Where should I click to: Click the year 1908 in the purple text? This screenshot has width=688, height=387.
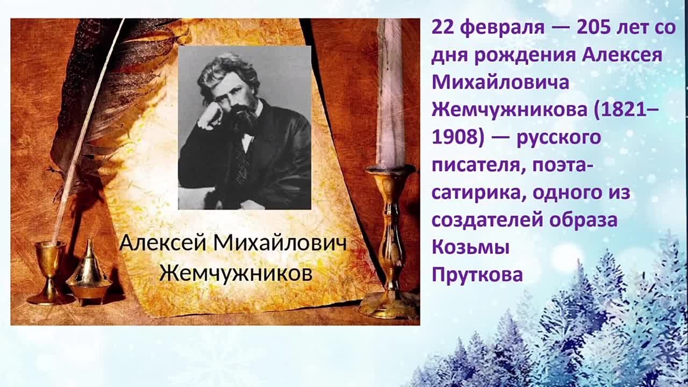454,137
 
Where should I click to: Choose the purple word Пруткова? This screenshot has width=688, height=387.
477,274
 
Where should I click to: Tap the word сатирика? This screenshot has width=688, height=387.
478,193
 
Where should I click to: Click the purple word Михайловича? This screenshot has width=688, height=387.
500,82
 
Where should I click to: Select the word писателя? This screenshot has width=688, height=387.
478,166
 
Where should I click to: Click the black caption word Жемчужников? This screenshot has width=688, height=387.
236,273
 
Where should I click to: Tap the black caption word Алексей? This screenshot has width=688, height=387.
163,243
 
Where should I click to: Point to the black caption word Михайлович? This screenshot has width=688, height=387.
280,243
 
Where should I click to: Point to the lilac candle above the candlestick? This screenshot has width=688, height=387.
390,92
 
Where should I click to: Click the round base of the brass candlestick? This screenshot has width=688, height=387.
390,306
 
